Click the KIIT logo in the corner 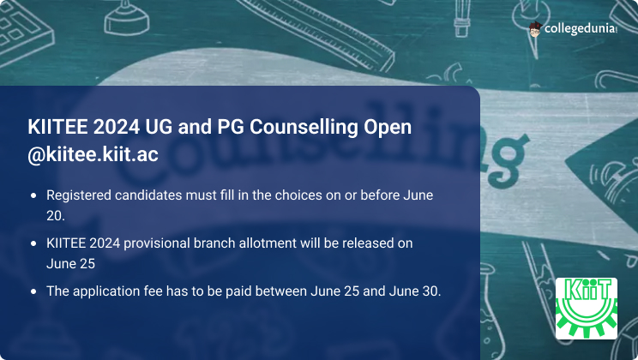[x=587, y=309]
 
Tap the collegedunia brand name [x=581, y=28]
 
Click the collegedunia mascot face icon [x=535, y=29]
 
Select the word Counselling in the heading [x=304, y=127]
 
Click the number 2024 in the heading [x=117, y=127]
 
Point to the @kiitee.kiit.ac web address [x=93, y=154]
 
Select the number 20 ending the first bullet [x=55, y=216]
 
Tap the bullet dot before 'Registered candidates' [x=33, y=195]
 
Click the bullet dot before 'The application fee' [x=33, y=291]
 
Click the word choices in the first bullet [x=295, y=195]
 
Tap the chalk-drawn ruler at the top [x=317, y=33]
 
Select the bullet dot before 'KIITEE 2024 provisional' [x=33, y=243]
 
